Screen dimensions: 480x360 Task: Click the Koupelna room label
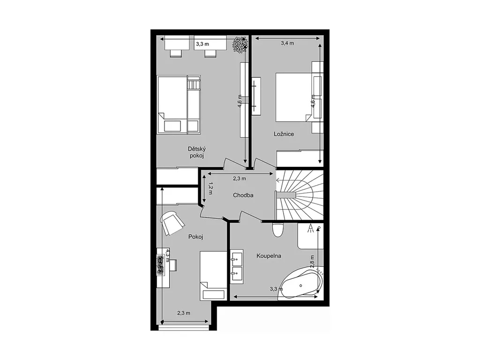coord(269,256)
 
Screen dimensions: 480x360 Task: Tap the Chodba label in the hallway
coord(243,195)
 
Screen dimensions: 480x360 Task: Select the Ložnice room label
coord(284,134)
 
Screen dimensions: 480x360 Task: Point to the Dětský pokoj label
coord(197,152)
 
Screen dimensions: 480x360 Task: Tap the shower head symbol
coord(311,228)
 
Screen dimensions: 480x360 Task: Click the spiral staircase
coord(300,195)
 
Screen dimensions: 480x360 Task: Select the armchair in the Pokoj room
coord(172,223)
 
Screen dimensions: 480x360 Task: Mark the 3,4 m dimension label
coord(287,44)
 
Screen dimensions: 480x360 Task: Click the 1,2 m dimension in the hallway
coord(210,188)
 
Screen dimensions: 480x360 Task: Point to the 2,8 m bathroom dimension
coord(312,262)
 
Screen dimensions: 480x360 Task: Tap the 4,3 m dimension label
coord(167,255)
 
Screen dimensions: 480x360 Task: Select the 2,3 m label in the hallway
coord(240,179)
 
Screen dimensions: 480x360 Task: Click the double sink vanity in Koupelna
coord(237,267)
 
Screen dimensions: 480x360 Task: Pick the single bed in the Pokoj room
coord(213,276)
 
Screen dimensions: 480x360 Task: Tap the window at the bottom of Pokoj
coord(184,328)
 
